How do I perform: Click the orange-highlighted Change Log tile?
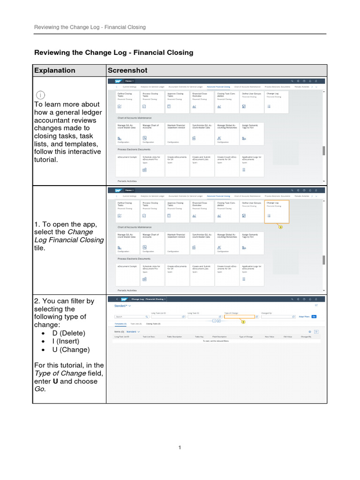coord(277,211)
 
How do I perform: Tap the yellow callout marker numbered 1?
coord(281,226)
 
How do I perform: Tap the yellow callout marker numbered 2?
coord(243,322)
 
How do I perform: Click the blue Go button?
coord(314,317)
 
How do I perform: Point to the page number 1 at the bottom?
coord(180,448)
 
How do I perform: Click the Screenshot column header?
coord(127,70)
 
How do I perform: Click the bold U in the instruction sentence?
coord(55,381)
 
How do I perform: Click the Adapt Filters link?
coord(304,317)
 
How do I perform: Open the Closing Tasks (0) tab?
coord(153,324)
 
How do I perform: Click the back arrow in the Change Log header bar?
coord(116,299)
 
